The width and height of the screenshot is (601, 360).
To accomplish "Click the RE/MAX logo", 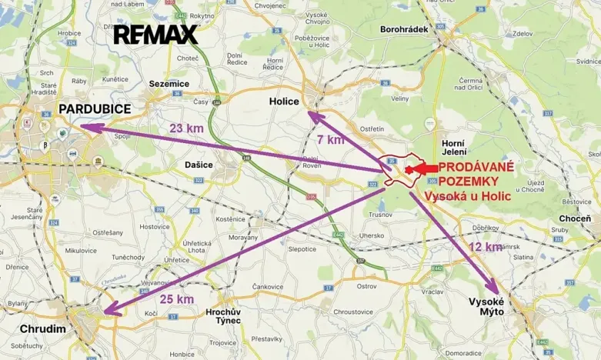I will pos(155,34).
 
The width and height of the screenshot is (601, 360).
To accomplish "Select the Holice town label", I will pos(285,101).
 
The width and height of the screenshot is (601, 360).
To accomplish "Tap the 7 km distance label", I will pos(330,139).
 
